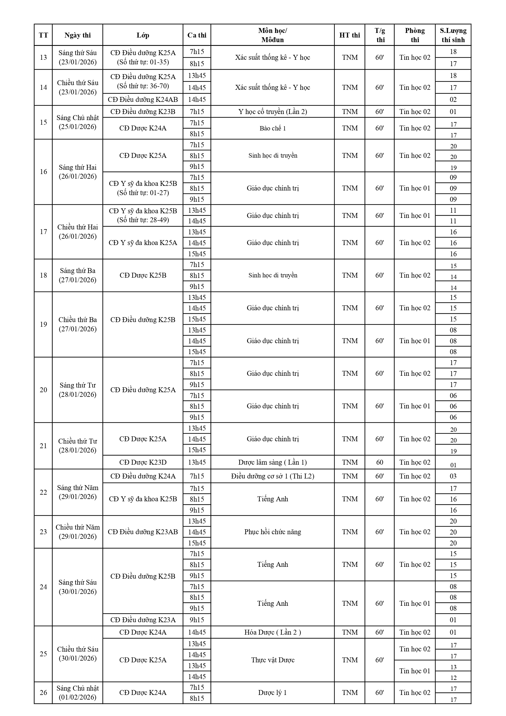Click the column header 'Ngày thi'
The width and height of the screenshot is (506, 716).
click(78, 35)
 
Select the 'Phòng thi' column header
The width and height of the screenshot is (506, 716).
click(414, 35)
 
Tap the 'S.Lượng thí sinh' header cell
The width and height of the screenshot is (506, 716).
click(453, 35)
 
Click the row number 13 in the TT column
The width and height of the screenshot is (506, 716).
click(43, 57)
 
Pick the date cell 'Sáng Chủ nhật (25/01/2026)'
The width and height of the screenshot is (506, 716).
click(78, 122)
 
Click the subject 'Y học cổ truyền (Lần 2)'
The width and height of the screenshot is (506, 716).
click(272, 112)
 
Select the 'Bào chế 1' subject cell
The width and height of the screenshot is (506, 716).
click(272, 128)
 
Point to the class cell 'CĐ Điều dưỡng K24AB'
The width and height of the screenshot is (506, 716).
click(143, 100)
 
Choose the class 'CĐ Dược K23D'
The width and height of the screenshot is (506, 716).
click(143, 462)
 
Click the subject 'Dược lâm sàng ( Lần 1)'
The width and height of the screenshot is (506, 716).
click(272, 462)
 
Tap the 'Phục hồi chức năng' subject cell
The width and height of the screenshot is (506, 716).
click(272, 532)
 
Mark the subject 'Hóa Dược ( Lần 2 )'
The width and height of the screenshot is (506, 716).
click(272, 632)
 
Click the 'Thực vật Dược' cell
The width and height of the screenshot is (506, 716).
click(272, 660)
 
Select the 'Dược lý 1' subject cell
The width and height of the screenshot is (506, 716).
click(272, 693)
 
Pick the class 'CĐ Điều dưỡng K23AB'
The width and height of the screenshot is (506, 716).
click(143, 532)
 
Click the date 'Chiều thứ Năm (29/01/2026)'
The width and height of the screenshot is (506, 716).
click(78, 532)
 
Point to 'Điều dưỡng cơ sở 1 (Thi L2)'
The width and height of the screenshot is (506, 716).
click(272, 476)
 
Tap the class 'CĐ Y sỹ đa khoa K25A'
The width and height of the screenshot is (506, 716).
click(143, 243)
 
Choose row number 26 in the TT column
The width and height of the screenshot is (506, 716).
click(43, 693)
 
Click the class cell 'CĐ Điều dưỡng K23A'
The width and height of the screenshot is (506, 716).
click(143, 620)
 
